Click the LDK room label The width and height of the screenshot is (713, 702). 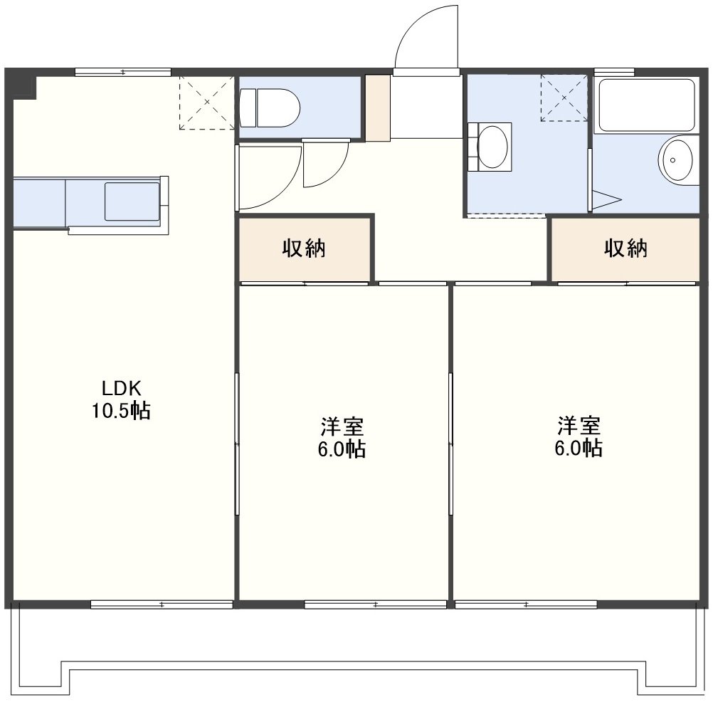pyautogui.click(x=122, y=389)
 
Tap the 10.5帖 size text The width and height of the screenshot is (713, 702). pyautogui.click(x=122, y=411)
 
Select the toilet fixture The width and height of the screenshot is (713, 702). pyautogui.click(x=270, y=108)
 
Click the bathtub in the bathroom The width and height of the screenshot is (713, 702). pyautogui.click(x=646, y=105)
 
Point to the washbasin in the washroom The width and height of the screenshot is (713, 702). pyautogui.click(x=490, y=146)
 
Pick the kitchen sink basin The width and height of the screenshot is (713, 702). pyautogui.click(x=132, y=201)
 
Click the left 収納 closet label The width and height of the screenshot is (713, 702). pyautogui.click(x=304, y=248)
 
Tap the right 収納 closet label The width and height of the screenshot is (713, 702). pyautogui.click(x=625, y=248)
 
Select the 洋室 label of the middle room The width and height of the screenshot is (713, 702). pyautogui.click(x=342, y=426)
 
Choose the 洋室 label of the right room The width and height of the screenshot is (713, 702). pyautogui.click(x=579, y=426)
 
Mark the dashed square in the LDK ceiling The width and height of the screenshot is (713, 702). pyautogui.click(x=206, y=103)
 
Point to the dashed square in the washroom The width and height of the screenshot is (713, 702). pyautogui.click(x=564, y=98)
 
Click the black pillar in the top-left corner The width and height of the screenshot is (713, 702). pyautogui.click(x=25, y=87)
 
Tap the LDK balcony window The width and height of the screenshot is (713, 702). pyautogui.click(x=162, y=604)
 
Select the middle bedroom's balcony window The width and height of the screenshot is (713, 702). pyautogui.click(x=375, y=604)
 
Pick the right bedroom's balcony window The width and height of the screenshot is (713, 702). pyautogui.click(x=526, y=604)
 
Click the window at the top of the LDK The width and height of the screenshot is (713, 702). pyautogui.click(x=123, y=72)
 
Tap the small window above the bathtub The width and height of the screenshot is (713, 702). pyautogui.click(x=614, y=71)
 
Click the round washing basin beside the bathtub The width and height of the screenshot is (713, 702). pyautogui.click(x=675, y=160)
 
